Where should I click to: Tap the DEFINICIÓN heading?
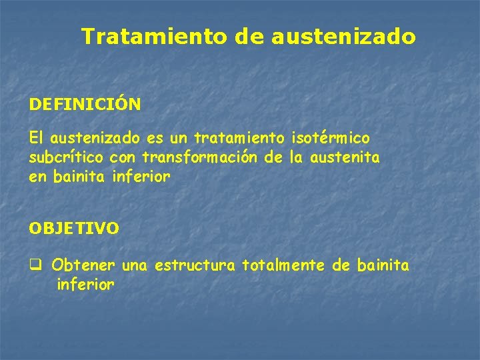tap(85, 105)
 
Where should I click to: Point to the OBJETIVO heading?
tap(74, 228)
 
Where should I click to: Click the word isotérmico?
tap(331, 138)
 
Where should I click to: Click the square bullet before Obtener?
tap(35, 265)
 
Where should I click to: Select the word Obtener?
tap(85, 265)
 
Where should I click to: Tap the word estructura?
tap(195, 265)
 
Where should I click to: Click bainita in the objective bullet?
tap(383, 265)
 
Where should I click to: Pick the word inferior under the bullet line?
tap(86, 285)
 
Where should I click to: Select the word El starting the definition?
tap(36, 138)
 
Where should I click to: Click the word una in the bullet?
tap(135, 265)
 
